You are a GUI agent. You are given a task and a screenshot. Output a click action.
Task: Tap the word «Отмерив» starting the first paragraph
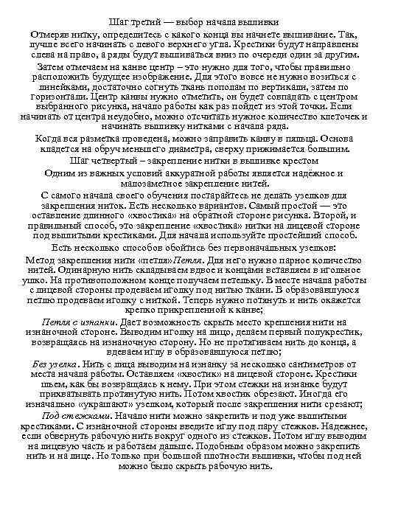pyautogui.click(x=49, y=35)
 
